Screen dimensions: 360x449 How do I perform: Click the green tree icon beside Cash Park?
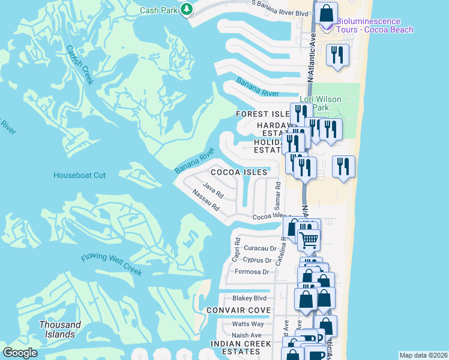click(187, 9)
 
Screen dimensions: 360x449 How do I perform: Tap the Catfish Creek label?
click(80, 65)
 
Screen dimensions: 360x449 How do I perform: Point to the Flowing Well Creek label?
click(112, 265)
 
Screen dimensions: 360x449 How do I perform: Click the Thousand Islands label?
click(60, 329)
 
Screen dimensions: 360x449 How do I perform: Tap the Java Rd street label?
click(213, 191)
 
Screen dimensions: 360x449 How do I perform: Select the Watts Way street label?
click(247, 324)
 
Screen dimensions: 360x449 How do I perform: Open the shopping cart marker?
click(309, 239)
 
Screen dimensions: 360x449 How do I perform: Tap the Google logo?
click(21, 353)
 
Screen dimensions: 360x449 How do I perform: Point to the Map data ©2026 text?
click(423, 355)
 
